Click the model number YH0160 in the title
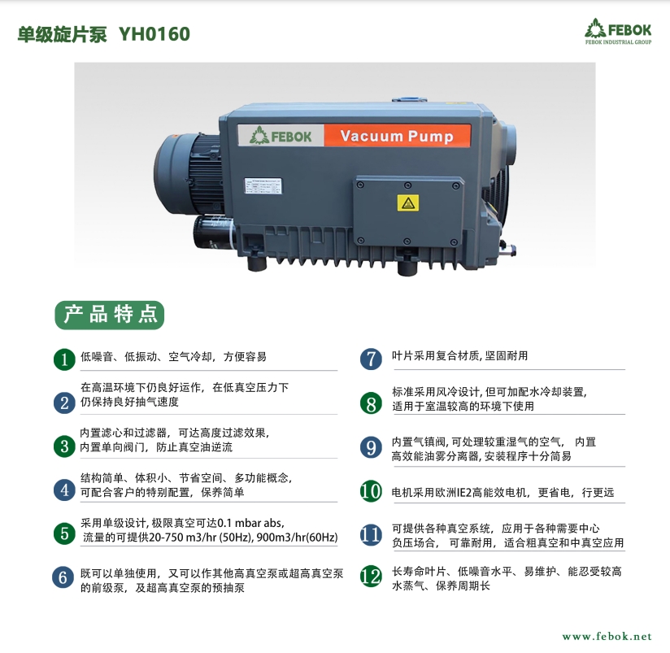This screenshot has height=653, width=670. [154, 34]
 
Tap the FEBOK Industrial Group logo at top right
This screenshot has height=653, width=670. [618, 31]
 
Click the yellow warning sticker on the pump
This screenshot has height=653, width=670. [407, 203]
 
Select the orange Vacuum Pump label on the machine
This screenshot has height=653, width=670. [398, 136]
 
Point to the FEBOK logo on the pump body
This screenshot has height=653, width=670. [281, 136]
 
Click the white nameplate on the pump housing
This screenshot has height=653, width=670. [263, 186]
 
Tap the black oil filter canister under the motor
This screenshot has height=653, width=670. [212, 232]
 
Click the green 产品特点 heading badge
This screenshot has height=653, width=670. [110, 315]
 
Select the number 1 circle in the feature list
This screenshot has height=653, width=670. [64, 359]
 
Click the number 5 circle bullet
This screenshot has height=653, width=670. [64, 533]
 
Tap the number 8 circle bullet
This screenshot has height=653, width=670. [371, 403]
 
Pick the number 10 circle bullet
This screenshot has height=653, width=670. [371, 491]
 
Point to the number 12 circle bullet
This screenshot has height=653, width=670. [371, 577]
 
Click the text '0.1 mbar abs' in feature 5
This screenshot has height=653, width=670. [250, 523]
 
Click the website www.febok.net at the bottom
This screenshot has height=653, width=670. [607, 637]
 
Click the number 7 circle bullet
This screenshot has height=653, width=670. [371, 359]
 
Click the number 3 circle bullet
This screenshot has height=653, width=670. [64, 446]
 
